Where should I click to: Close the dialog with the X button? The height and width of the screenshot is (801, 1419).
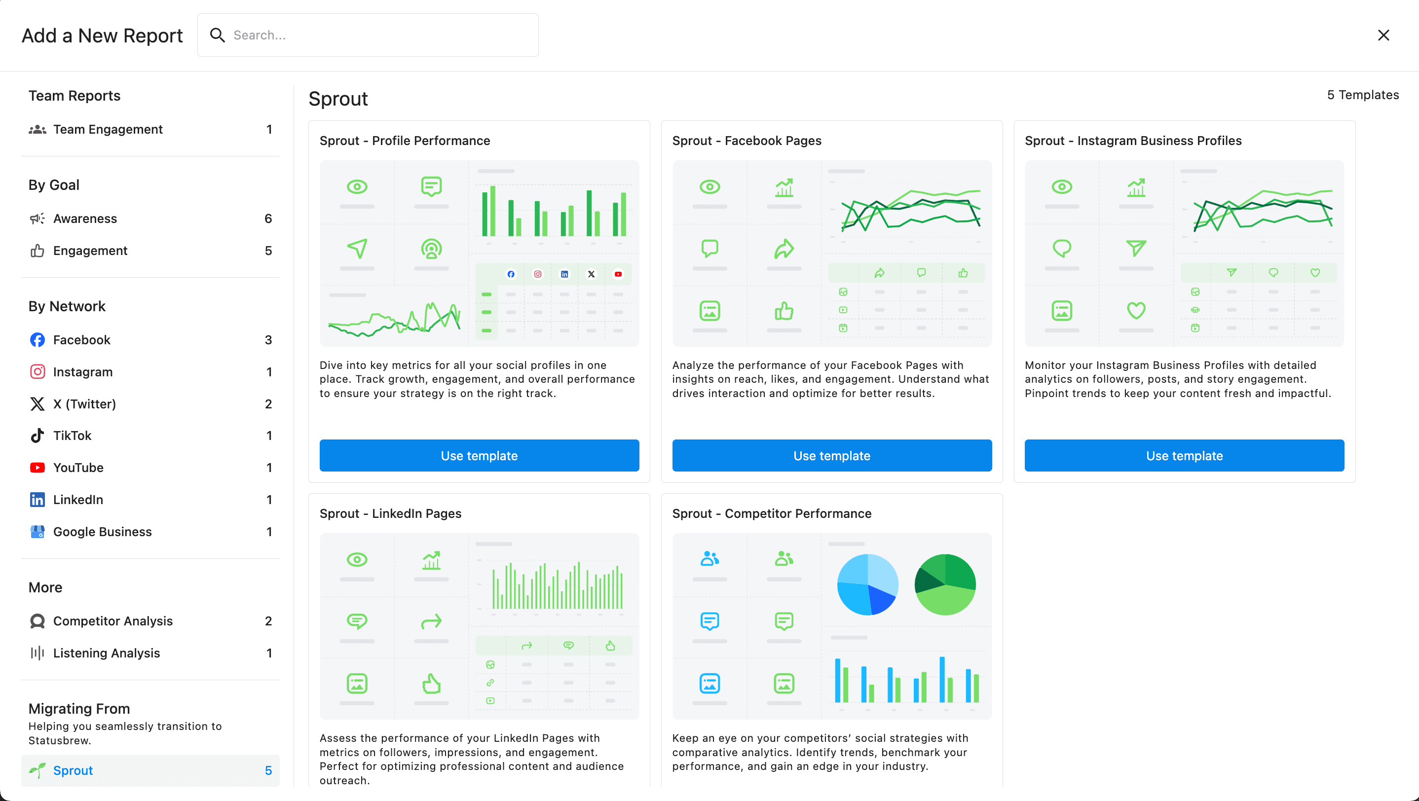point(1383,35)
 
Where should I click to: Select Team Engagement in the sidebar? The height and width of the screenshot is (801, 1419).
point(108,129)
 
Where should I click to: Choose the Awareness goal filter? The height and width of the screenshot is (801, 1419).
point(85,218)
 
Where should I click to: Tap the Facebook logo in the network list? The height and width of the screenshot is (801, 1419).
point(37,340)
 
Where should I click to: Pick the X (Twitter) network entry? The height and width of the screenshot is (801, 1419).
point(84,403)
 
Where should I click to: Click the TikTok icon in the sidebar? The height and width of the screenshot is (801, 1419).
point(37,436)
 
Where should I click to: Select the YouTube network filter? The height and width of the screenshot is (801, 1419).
point(78,468)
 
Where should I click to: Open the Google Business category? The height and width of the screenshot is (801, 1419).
point(102,531)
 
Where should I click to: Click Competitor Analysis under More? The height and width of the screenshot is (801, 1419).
point(112,620)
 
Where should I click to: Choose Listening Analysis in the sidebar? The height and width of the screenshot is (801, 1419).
point(106,653)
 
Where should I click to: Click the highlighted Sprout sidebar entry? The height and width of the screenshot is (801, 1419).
point(150,770)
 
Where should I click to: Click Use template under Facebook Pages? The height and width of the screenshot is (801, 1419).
point(832,455)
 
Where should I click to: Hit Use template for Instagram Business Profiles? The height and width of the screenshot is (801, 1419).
point(1184,455)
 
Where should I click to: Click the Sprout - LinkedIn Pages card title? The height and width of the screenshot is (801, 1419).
point(390,513)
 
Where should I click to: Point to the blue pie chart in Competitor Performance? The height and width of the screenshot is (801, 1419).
point(867,584)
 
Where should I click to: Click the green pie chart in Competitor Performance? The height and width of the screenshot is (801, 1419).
point(945,584)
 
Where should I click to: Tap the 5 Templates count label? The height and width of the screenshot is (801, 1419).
point(1362,95)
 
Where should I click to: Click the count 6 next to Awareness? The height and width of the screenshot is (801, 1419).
point(268,218)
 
